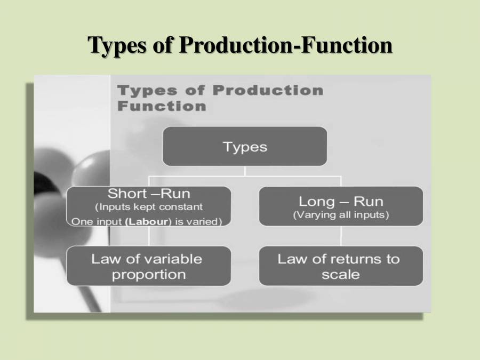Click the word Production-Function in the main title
[285, 45]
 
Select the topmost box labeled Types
[245, 146]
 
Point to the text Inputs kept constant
[149, 206]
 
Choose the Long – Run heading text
[341, 201]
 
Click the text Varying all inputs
[341, 215]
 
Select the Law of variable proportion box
[149, 266]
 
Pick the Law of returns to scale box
[341, 266]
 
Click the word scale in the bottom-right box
[341, 275]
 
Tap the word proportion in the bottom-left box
[149, 275]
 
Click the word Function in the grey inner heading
[162, 106]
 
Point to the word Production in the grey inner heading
[268, 90]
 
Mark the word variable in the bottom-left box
[171, 259]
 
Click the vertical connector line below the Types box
[245, 171]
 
